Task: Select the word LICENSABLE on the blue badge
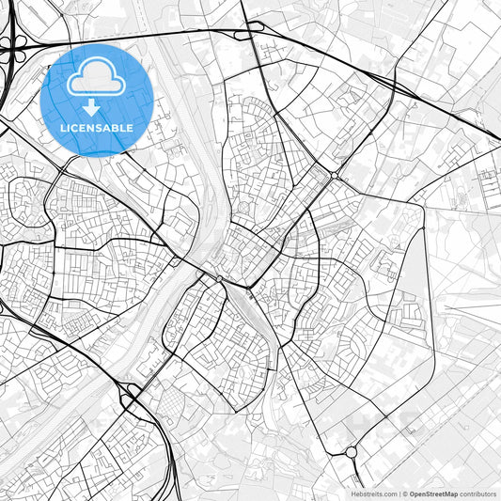98,128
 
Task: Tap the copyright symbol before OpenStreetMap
405,493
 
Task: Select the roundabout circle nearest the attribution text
352,452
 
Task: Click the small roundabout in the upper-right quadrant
336,176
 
